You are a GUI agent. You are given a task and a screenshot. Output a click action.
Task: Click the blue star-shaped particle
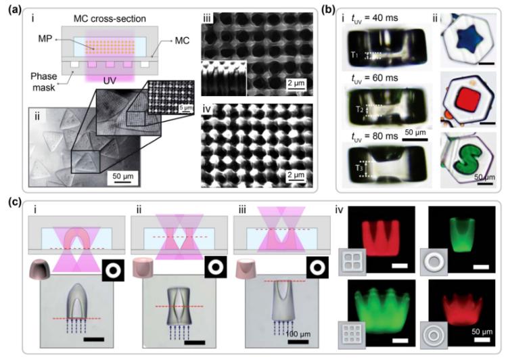[469, 39]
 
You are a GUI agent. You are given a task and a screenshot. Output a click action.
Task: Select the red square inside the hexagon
[468, 99]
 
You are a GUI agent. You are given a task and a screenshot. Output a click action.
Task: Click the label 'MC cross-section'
[110, 18]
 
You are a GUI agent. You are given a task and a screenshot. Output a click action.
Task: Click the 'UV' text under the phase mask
[110, 81]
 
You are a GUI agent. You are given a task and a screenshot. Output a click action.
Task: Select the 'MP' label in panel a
[45, 39]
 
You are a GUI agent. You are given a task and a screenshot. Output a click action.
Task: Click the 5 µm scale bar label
[185, 107]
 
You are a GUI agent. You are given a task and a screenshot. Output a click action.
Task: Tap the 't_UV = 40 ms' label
[375, 18]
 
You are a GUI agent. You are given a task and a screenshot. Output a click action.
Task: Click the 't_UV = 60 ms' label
[375, 78]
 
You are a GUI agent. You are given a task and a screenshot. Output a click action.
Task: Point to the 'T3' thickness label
[359, 168]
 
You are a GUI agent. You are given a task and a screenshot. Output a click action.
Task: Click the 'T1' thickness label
[354, 55]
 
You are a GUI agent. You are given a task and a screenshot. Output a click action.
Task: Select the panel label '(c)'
[15, 202]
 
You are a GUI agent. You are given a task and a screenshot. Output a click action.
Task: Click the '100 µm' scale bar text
[298, 334]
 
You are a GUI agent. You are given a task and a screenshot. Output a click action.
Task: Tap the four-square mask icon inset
[352, 262]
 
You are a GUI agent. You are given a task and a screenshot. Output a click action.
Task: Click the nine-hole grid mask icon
[352, 335]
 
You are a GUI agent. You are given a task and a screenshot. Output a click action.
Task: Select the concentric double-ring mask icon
[434, 335]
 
